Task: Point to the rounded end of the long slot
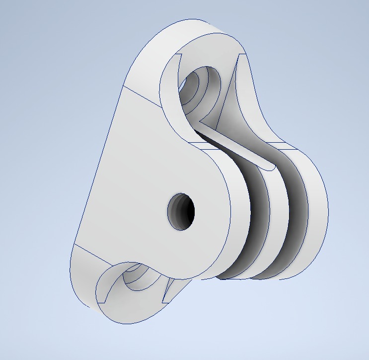[x=268, y=167]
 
